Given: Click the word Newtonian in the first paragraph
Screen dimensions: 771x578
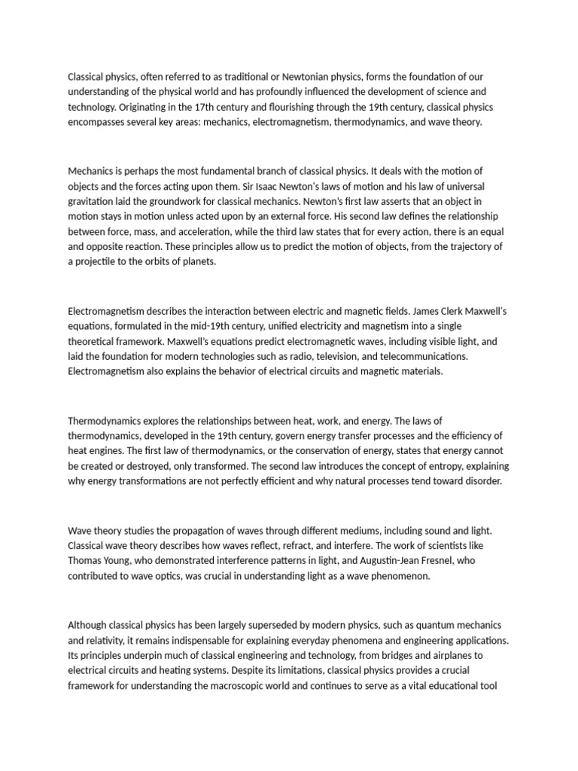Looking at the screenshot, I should [x=318, y=77].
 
